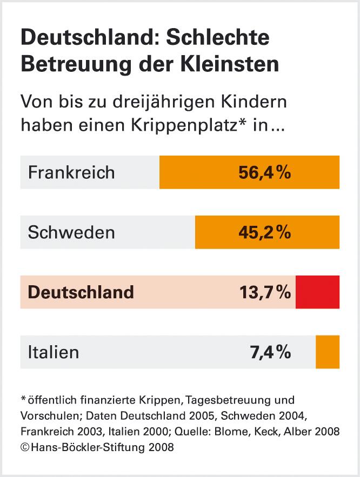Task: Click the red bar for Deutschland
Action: (317, 292)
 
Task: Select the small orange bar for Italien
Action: (328, 352)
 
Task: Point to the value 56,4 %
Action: (265, 172)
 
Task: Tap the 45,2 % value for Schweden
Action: (265, 232)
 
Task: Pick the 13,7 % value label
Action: (265, 292)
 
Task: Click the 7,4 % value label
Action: (270, 352)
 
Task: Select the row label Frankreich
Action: (71, 172)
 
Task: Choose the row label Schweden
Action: (71, 232)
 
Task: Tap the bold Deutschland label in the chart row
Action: (81, 292)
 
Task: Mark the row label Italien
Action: (54, 352)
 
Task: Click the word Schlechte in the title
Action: (218, 38)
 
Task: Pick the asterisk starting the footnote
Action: (23, 399)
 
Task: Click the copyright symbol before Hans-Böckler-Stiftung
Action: (24, 447)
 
